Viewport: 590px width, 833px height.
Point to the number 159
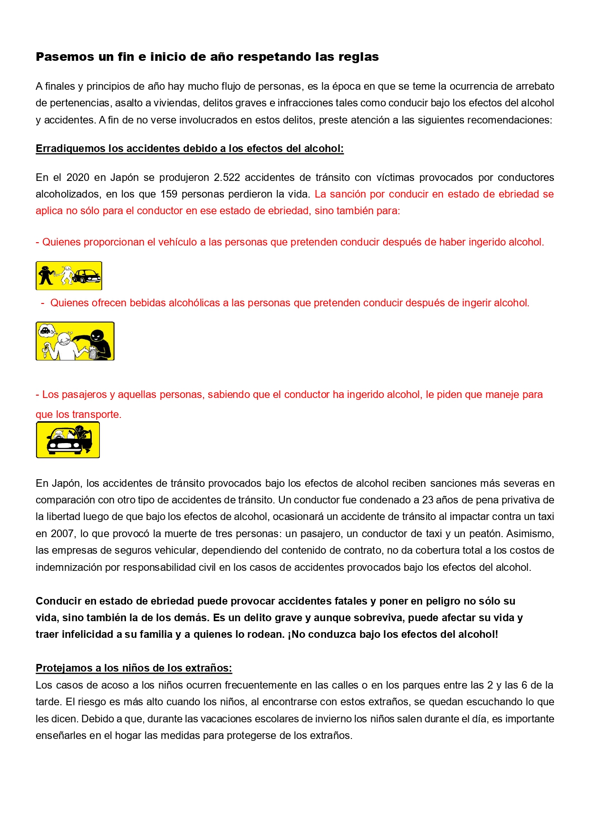(169, 194)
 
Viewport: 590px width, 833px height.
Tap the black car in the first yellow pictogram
(87, 276)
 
